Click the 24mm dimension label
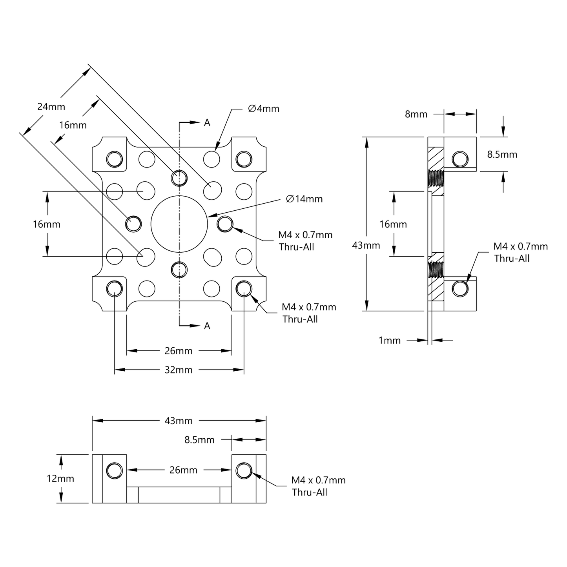coord(51,106)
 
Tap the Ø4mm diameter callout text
coord(264,109)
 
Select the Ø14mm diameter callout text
coord(304,199)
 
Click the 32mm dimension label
coord(179,370)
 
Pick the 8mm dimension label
coord(416,114)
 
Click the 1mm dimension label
coord(389,340)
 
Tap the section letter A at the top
coord(207,123)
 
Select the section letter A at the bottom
coord(207,326)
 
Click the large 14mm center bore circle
coord(179,224)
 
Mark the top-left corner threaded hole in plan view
coord(115,159)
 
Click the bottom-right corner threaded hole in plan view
coord(244,288)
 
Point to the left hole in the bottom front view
coord(115,471)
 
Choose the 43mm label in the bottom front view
coord(179,421)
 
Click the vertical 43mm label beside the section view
coord(366,245)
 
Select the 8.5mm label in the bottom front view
coord(199,440)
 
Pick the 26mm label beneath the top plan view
coord(179,351)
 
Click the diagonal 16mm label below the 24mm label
coord(73,125)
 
